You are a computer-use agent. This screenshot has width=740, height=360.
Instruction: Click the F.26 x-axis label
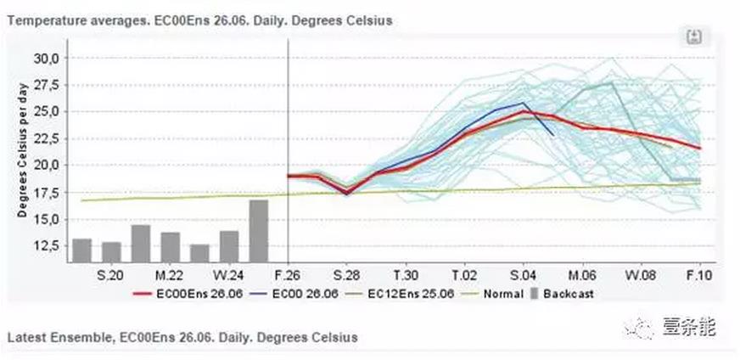tap(289, 275)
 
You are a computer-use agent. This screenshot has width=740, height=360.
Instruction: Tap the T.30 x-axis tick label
tap(406, 275)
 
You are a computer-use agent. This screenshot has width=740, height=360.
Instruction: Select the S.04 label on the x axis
tap(523, 275)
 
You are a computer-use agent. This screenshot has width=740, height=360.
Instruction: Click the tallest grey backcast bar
tap(259, 231)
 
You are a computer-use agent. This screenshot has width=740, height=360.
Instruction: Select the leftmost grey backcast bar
tap(82, 250)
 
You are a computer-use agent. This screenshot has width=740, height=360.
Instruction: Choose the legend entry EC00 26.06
tap(297, 294)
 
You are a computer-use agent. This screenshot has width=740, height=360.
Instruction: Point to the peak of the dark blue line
tap(524, 103)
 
